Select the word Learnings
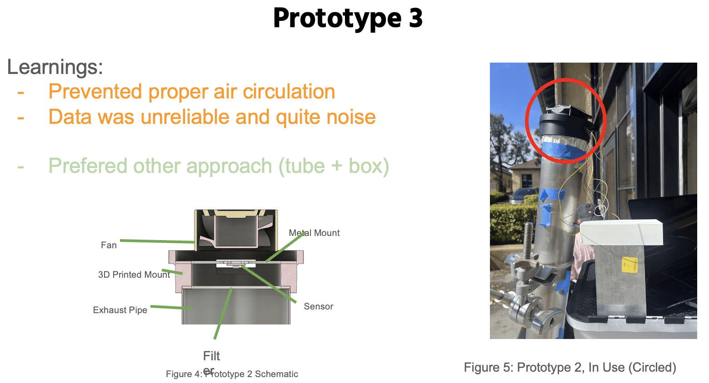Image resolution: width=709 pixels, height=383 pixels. [x=55, y=67]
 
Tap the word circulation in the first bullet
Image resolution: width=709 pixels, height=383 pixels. [x=289, y=92]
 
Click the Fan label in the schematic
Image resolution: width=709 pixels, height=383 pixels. [x=109, y=245]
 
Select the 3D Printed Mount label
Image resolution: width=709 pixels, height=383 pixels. [x=134, y=275]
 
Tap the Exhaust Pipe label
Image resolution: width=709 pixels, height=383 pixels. [x=120, y=310]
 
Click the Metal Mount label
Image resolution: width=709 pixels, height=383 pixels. [x=315, y=233]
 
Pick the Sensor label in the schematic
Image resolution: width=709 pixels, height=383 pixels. [x=318, y=306]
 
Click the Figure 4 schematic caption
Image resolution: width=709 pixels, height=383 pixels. [x=232, y=374]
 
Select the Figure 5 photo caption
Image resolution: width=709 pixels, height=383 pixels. [x=570, y=367]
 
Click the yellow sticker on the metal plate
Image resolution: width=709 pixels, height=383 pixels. [x=629, y=265]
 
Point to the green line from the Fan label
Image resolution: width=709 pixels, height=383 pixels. [x=157, y=241]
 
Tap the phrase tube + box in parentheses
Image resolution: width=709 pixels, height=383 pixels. [x=334, y=166]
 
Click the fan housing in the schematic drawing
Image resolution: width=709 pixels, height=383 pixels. [x=236, y=229]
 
